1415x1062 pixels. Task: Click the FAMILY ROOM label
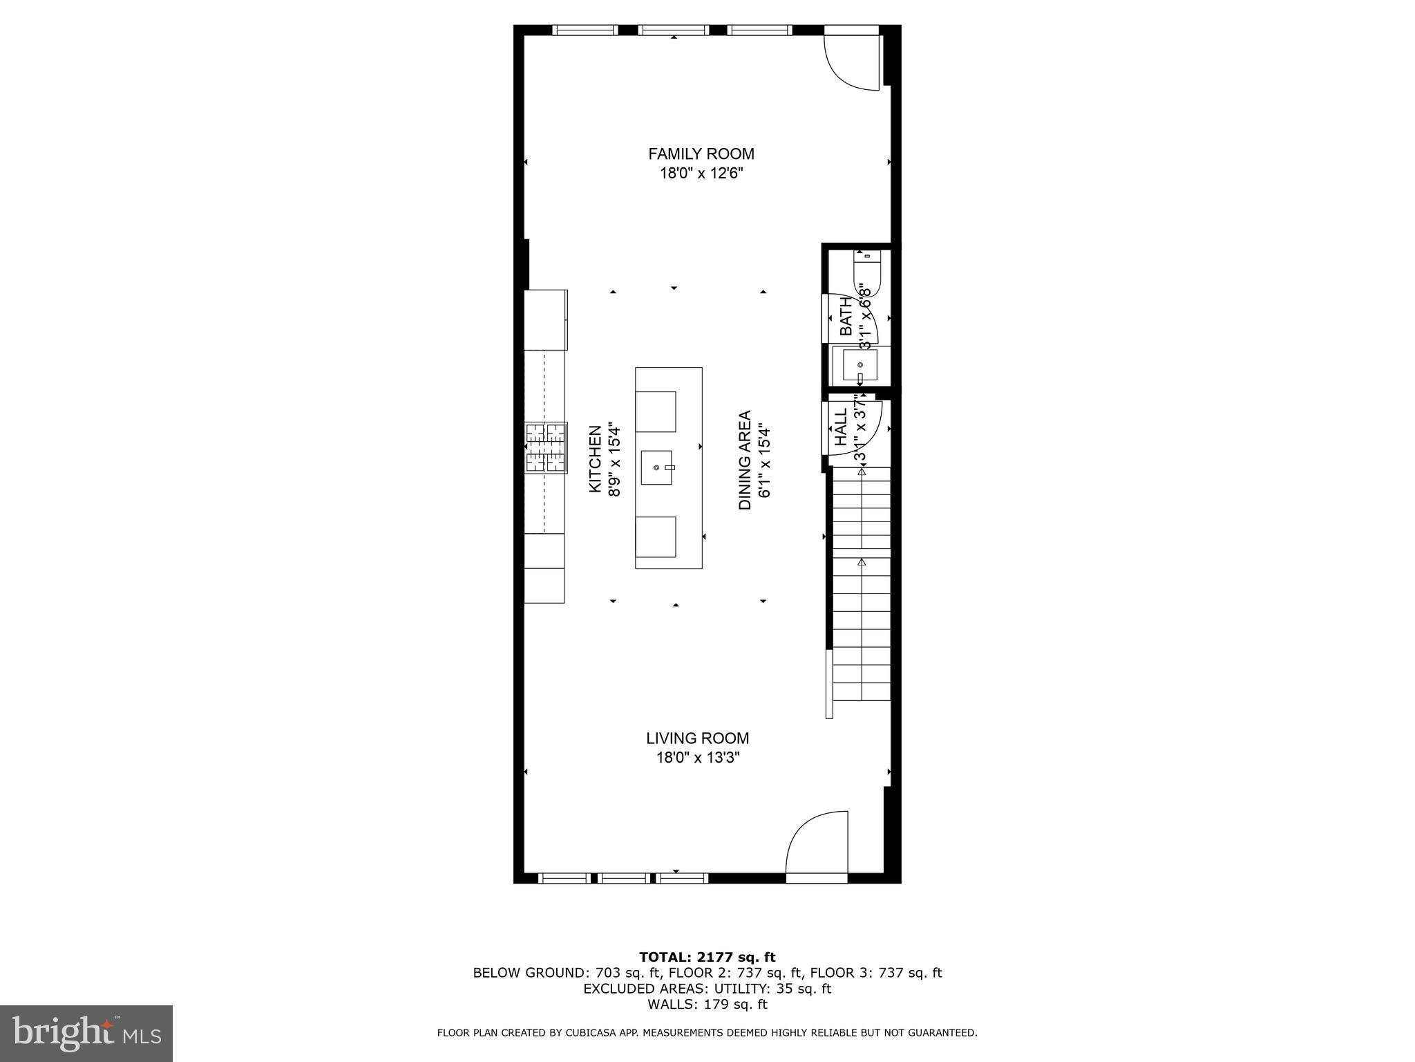click(x=701, y=153)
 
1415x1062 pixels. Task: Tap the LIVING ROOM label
click(x=697, y=738)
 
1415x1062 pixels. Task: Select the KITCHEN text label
click(x=594, y=459)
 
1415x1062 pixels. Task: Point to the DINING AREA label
click(x=745, y=460)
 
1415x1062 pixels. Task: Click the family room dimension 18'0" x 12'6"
click(x=701, y=174)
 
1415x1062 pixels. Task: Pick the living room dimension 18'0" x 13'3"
click(x=697, y=758)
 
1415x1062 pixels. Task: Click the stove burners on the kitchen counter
click(x=546, y=447)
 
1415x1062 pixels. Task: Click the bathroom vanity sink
click(x=860, y=364)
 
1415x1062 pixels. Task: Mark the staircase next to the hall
click(x=861, y=584)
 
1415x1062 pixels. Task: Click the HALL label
click(x=841, y=427)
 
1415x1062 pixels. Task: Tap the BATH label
click(x=846, y=317)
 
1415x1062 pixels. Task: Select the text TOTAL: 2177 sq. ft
click(x=707, y=957)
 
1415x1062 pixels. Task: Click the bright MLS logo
click(x=86, y=1033)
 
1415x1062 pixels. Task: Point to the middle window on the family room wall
click(x=673, y=30)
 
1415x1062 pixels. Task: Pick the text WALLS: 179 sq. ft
click(x=707, y=1004)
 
